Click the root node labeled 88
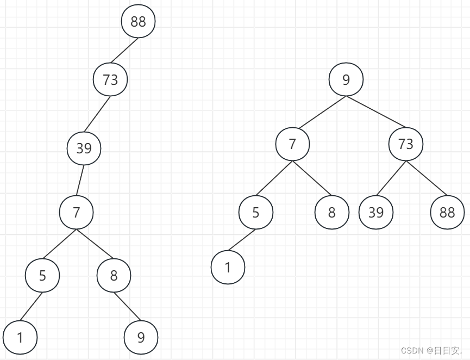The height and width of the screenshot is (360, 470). point(139,22)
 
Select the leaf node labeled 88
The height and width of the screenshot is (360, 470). point(447,212)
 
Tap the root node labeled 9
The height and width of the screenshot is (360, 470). point(346,80)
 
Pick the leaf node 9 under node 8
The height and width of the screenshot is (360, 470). point(141,338)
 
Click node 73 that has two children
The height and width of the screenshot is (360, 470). point(405,144)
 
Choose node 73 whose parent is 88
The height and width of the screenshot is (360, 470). point(110,80)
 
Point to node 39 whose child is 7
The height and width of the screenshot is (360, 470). point(84,148)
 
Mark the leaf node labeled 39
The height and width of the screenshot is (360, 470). point(376,212)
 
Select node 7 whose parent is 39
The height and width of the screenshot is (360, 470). point(76,212)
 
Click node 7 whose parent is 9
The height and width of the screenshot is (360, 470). point(292,144)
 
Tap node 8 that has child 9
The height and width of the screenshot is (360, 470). point(114,276)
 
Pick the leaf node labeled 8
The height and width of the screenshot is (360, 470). point(331,212)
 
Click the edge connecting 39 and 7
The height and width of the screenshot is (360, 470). point(80,180)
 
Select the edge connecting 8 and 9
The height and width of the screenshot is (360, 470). point(127,307)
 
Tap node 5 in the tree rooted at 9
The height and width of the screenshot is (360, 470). point(256,212)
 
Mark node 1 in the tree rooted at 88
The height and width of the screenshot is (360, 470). point(20,338)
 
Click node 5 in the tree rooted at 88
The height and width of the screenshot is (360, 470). point(42,276)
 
